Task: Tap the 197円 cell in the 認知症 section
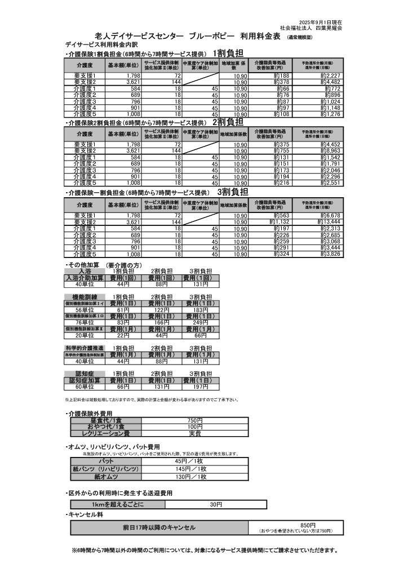coord(200,387)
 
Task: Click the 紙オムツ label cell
coord(105,477)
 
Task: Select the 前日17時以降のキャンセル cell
coord(159,527)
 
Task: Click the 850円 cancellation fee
coord(296,524)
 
